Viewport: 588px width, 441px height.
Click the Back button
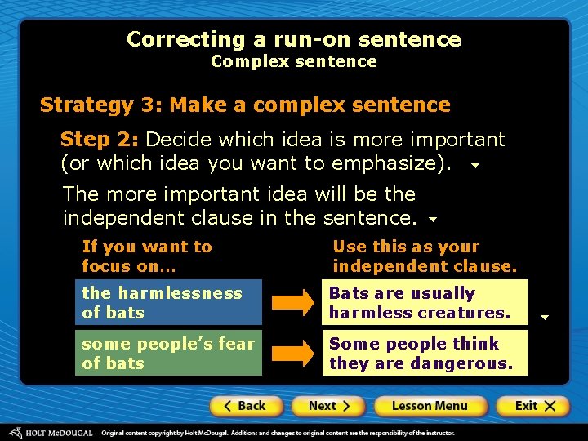(x=246, y=406)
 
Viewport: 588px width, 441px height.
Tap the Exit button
(x=532, y=406)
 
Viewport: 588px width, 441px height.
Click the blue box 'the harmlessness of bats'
(x=168, y=303)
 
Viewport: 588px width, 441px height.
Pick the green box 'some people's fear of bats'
(x=168, y=353)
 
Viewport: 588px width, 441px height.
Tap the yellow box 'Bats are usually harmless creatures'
(x=425, y=303)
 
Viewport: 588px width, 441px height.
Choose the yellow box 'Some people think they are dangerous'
(x=425, y=353)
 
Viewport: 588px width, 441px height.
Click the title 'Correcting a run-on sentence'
(x=294, y=39)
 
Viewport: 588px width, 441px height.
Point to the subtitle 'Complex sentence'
(x=294, y=61)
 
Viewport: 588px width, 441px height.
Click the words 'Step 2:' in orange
(x=100, y=140)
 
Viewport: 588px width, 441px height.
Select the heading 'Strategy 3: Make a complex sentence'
(x=245, y=105)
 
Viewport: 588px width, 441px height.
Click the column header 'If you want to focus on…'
(x=147, y=256)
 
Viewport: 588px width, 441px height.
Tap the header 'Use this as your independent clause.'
(x=425, y=256)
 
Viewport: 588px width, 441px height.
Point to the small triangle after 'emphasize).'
(x=474, y=165)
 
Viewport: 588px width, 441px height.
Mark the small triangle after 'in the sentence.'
(x=433, y=220)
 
